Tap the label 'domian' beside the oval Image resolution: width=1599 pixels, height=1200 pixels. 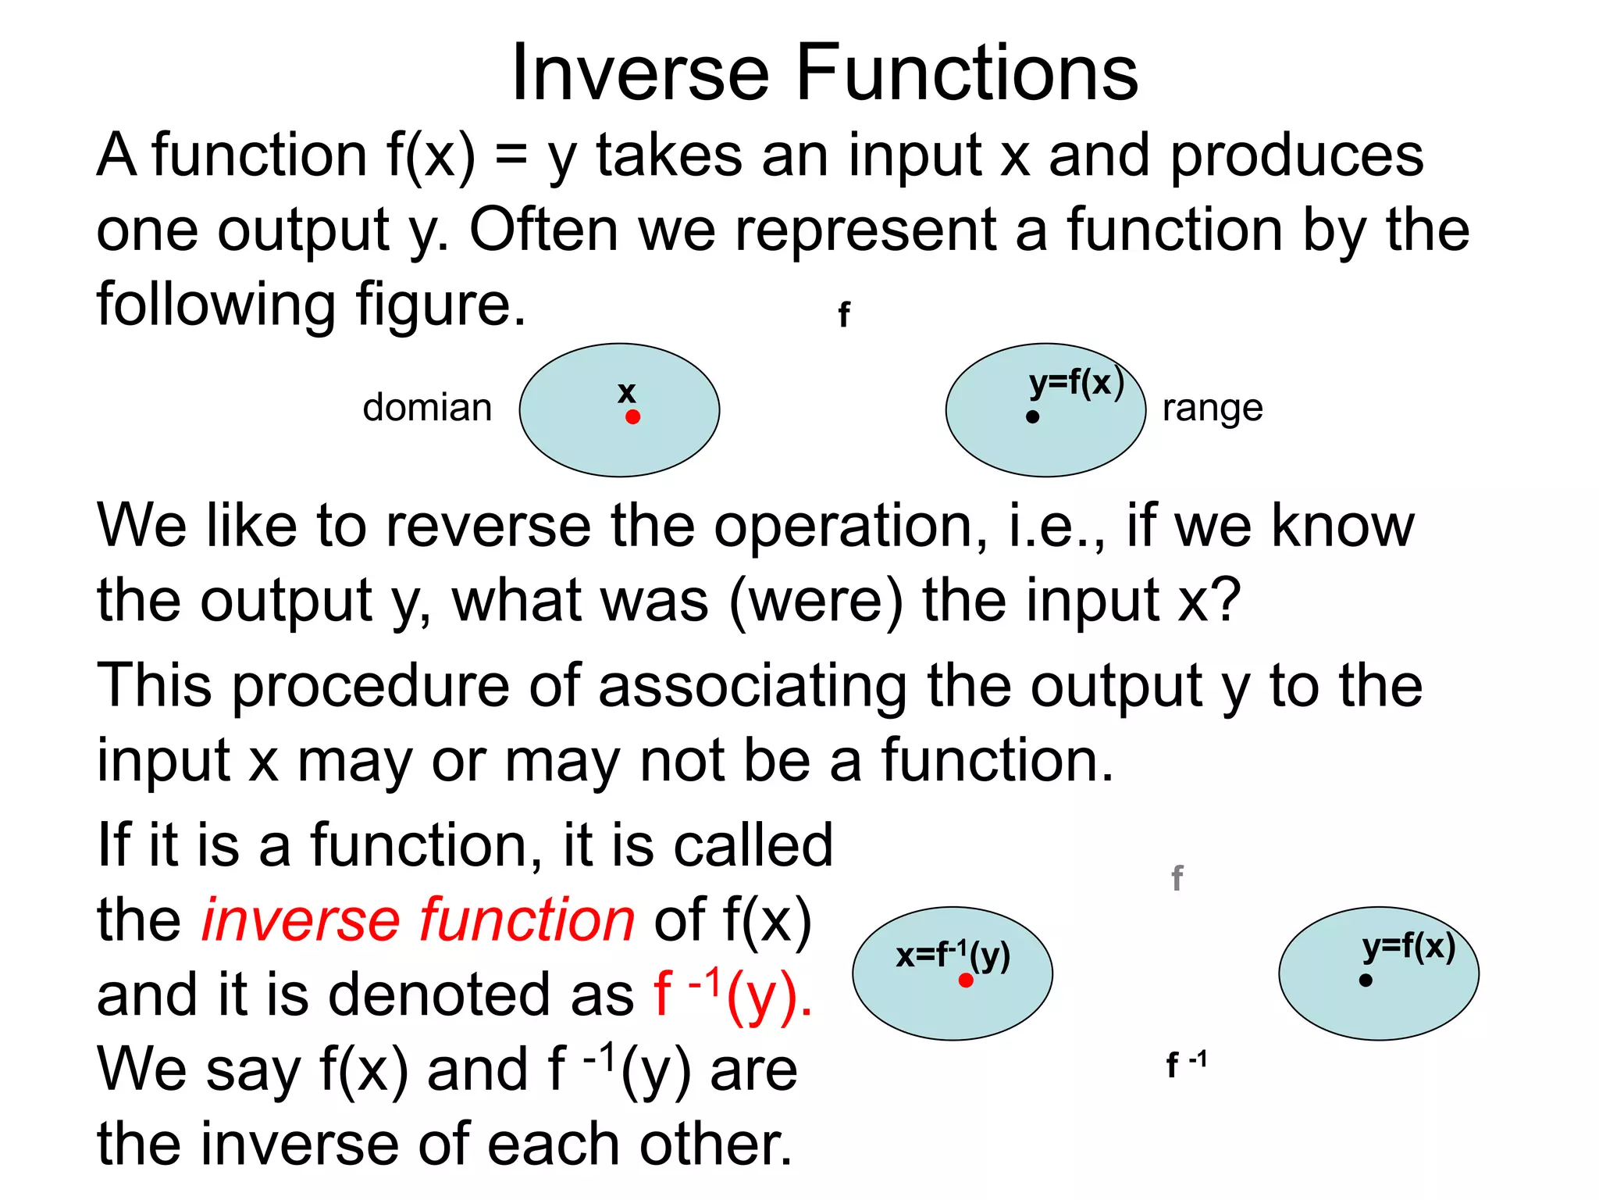(x=427, y=408)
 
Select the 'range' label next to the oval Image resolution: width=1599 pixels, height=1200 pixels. (x=1213, y=408)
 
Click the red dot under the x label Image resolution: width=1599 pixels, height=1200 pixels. (x=633, y=417)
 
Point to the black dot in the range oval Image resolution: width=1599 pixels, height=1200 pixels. (x=1032, y=417)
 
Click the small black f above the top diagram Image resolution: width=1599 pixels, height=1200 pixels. (x=843, y=315)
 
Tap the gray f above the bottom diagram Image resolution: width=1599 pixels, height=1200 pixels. (x=1177, y=879)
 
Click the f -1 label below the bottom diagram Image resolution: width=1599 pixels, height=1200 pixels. (x=1185, y=1063)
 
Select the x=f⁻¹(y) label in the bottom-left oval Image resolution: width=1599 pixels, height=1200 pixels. (x=953, y=955)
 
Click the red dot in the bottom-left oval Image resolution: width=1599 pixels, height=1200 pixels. (x=966, y=980)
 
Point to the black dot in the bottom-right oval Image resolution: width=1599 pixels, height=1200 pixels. (x=1366, y=980)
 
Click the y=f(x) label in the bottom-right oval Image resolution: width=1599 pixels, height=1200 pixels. (x=1408, y=947)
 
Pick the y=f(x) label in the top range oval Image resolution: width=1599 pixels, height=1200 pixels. (x=1076, y=383)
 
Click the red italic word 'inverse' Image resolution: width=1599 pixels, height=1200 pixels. (x=300, y=920)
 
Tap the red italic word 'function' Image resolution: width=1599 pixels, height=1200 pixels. (x=527, y=920)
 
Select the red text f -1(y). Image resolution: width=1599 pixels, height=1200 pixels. (x=732, y=994)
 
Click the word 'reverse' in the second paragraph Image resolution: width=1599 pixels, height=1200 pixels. (x=488, y=526)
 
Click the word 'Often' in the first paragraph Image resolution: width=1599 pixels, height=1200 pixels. (x=543, y=230)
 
